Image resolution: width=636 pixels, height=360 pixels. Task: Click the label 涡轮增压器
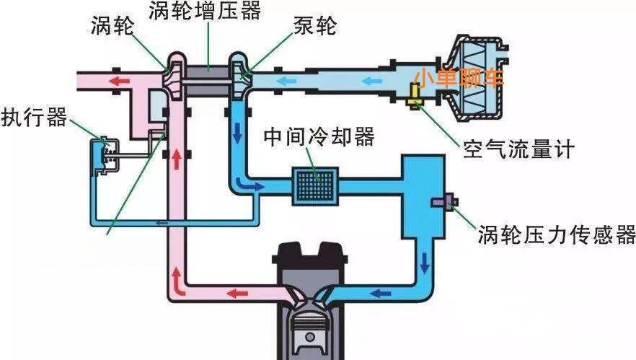[205, 12]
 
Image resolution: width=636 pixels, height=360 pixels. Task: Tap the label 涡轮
[113, 27]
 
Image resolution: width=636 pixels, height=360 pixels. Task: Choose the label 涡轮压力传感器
[556, 235]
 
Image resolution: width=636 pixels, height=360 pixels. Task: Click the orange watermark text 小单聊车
[457, 77]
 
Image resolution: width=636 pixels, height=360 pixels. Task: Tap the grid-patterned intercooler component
[314, 184]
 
